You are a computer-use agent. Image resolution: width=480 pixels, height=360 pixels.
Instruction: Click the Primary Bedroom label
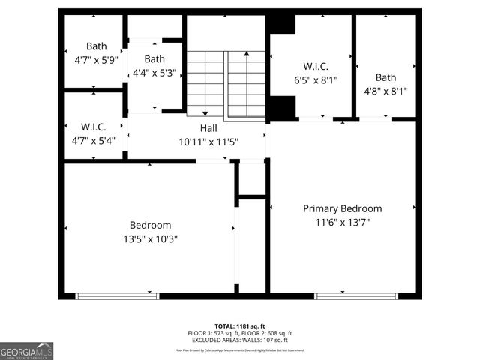(x=342, y=208)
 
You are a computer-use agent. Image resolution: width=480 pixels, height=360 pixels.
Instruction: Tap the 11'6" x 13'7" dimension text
(x=342, y=222)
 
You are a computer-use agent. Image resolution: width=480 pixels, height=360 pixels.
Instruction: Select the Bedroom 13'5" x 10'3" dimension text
(x=150, y=238)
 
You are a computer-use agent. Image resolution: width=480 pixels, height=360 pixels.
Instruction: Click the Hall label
(x=208, y=128)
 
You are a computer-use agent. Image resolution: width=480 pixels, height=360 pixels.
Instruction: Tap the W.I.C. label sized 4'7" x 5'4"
(x=93, y=127)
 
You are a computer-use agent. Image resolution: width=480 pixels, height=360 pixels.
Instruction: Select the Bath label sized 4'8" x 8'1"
(x=385, y=77)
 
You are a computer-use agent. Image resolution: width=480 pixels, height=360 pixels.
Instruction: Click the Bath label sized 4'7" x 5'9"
(x=96, y=46)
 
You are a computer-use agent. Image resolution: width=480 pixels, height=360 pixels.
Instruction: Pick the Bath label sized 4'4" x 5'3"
(x=154, y=59)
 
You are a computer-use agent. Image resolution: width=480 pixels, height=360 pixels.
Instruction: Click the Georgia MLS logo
(x=27, y=350)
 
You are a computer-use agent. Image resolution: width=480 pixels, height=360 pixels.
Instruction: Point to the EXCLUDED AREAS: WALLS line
(x=240, y=340)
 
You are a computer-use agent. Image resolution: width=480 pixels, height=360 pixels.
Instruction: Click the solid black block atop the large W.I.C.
(x=282, y=23)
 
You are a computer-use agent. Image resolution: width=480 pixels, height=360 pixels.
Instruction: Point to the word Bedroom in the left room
(x=150, y=225)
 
